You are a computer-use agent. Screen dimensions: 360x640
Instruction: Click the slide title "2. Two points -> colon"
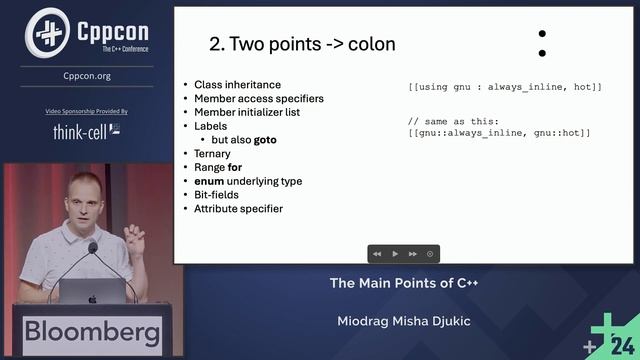click(x=302, y=44)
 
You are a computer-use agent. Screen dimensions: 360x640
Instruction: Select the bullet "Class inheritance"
click(x=238, y=85)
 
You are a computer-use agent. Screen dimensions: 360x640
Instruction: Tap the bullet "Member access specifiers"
click(x=259, y=99)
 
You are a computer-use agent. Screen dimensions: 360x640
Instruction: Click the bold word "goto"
click(x=265, y=140)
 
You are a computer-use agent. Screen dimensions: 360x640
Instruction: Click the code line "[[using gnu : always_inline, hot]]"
click(x=505, y=88)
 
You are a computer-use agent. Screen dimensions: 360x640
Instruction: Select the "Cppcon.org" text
click(x=87, y=75)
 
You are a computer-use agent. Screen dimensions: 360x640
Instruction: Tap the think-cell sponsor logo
click(x=87, y=131)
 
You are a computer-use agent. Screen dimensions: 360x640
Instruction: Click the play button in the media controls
click(x=395, y=254)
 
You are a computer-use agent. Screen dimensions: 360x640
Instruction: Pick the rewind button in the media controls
click(x=377, y=254)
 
